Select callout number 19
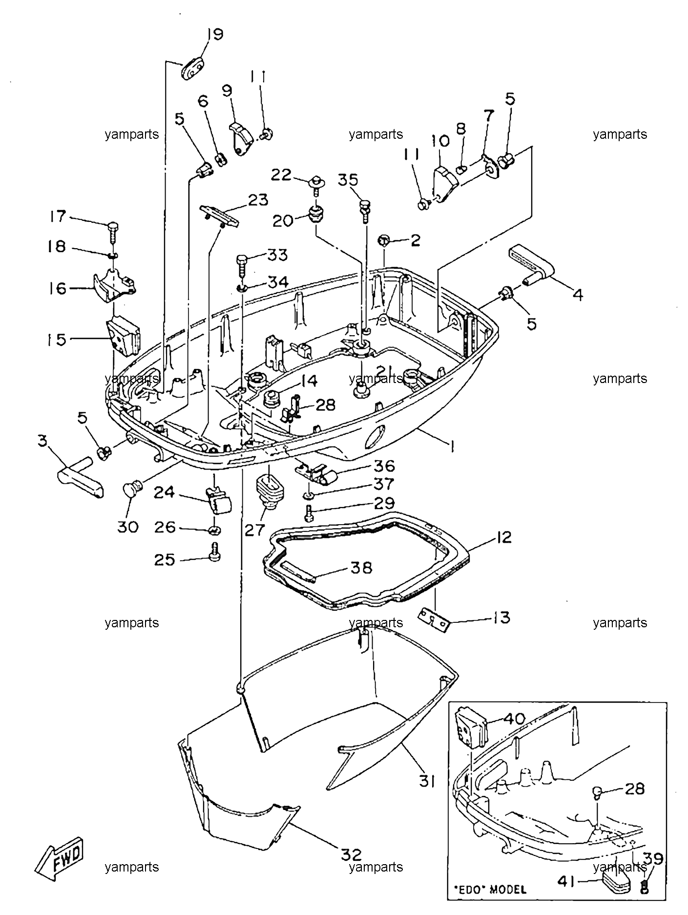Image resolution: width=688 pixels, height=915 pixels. [x=214, y=35]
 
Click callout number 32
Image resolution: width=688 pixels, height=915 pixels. [x=352, y=855]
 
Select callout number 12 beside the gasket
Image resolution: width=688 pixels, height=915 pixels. [x=504, y=537]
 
